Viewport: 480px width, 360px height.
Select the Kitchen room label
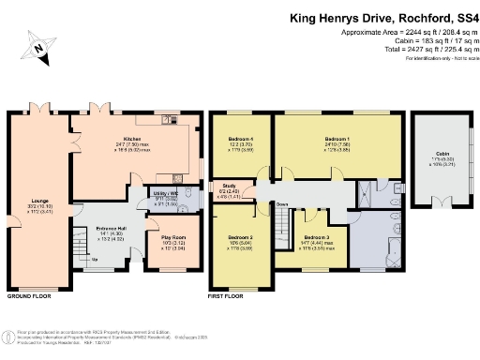coord(127,139)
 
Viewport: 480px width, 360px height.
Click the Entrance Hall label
coord(111,228)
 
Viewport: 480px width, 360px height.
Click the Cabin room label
coord(442,153)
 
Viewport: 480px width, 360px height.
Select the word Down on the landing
coord(281,202)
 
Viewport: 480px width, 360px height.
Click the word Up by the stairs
coord(94,259)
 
